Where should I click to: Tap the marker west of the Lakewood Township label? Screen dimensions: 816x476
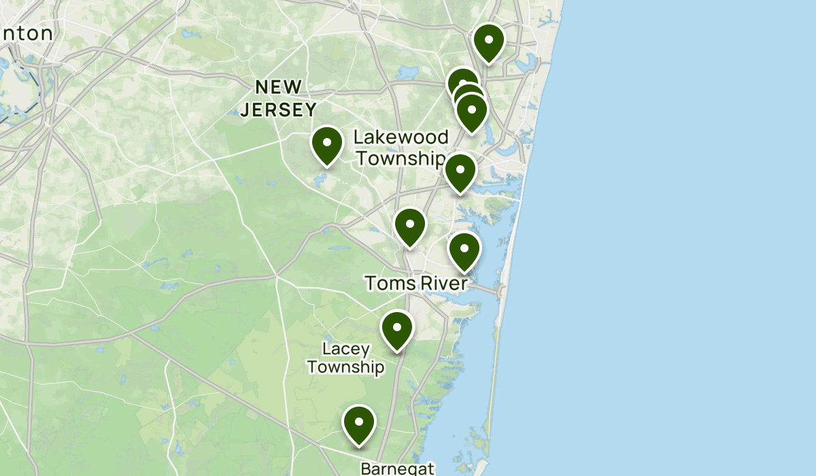click(326, 144)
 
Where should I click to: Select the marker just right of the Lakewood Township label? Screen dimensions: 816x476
click(460, 171)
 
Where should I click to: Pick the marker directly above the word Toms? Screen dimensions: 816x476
click(410, 225)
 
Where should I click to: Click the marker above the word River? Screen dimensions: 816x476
click(464, 250)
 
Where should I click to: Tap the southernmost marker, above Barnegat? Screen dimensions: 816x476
click(359, 423)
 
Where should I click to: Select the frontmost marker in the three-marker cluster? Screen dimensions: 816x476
click(471, 111)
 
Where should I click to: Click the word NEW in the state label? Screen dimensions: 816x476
click(279, 87)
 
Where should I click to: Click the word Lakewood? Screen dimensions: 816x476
click(401, 137)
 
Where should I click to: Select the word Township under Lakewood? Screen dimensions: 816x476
click(401, 158)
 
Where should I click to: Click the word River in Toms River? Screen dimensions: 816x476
click(443, 283)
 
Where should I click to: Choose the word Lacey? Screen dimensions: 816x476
click(346, 350)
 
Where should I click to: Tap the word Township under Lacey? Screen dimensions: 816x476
click(345, 367)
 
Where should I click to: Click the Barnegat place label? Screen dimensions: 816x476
click(396, 469)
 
